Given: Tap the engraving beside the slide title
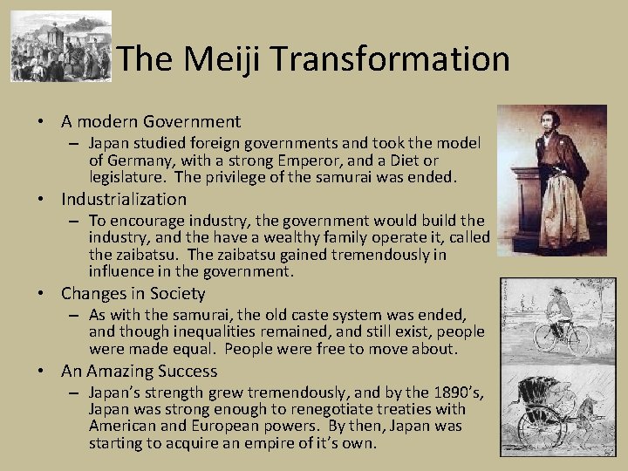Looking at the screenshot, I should click(x=61, y=46).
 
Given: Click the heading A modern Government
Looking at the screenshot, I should click(x=150, y=122).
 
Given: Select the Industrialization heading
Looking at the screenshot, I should click(x=124, y=199).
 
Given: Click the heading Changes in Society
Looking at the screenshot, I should click(x=133, y=294).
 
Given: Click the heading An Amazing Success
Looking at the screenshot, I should click(x=139, y=371).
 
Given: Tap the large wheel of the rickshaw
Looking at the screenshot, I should click(x=533, y=427).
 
